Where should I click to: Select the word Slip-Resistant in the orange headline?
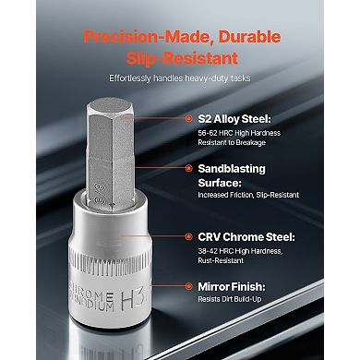(182, 58)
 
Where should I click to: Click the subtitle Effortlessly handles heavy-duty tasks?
(180, 78)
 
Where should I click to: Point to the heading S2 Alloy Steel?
(234, 119)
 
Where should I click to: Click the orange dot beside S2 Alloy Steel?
(188, 118)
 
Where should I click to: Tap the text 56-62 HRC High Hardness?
(239, 133)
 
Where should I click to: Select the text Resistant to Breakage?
(232, 142)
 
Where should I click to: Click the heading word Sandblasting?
(232, 169)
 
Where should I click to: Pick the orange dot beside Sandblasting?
(188, 168)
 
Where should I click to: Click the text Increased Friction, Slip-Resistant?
(248, 195)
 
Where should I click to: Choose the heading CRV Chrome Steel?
(246, 237)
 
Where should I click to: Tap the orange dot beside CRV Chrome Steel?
(188, 236)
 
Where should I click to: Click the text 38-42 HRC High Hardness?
(240, 251)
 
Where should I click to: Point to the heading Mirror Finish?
(232, 287)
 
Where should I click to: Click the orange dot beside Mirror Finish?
(188, 286)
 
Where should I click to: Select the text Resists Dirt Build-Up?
(230, 299)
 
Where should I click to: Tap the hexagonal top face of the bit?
(110, 106)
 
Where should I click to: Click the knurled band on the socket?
(110, 262)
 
